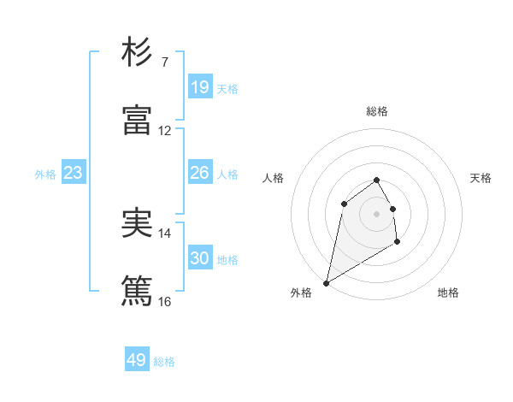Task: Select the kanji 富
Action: point(137,121)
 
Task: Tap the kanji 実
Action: point(137,223)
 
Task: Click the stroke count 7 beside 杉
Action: point(164,62)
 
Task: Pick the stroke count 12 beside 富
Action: point(164,131)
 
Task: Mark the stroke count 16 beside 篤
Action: point(164,302)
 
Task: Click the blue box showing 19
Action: point(199,87)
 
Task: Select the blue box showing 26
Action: point(199,173)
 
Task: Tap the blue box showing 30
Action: point(199,258)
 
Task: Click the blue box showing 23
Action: point(74,174)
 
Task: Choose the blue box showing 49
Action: point(137,360)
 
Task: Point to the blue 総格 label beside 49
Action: point(164,363)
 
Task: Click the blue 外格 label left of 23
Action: point(45,174)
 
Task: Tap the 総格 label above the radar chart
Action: point(377,111)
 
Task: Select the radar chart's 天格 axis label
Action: point(481,178)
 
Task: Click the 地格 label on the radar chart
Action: point(448,293)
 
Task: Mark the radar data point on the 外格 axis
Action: point(327,282)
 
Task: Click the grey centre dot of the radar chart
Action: point(377,213)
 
